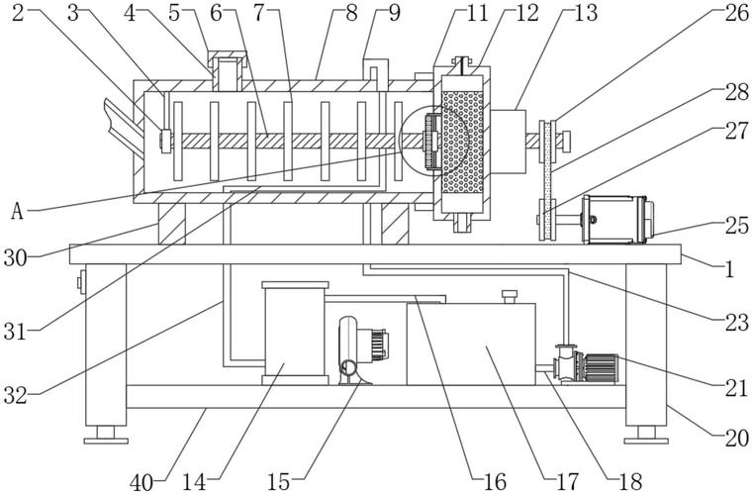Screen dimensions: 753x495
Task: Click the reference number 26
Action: (x=737, y=14)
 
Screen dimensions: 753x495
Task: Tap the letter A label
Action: (x=18, y=212)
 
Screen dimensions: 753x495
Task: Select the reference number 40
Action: (x=142, y=482)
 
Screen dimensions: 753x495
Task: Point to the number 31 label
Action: (x=16, y=332)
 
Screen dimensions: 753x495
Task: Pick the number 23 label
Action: (x=737, y=323)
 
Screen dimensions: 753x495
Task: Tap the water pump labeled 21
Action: (x=586, y=364)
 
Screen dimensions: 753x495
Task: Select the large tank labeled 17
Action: (x=471, y=344)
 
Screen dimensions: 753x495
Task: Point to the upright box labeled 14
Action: (x=295, y=333)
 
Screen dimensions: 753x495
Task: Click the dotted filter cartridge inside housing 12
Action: (x=462, y=143)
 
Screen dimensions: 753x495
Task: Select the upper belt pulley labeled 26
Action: (x=548, y=142)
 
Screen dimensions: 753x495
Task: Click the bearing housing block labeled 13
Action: (x=508, y=142)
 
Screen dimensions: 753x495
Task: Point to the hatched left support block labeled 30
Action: (x=171, y=224)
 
